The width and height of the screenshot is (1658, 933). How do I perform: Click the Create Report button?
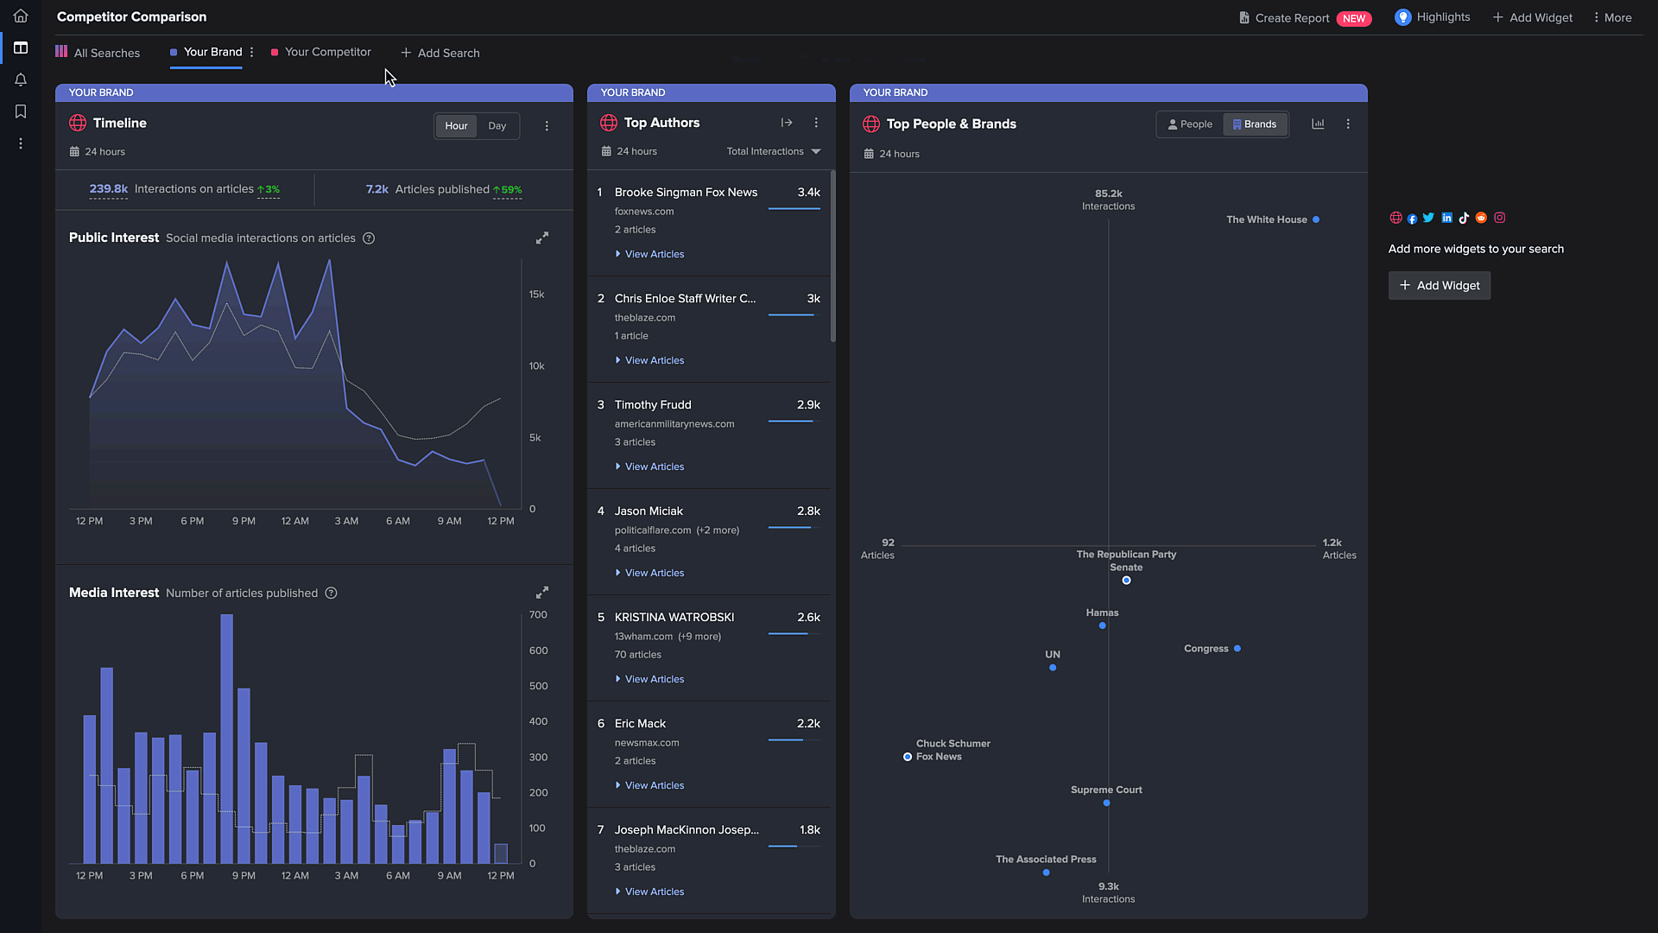tap(1291, 18)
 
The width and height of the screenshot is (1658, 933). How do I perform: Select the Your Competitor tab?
tap(327, 52)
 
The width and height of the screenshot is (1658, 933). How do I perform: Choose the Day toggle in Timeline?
tap(497, 126)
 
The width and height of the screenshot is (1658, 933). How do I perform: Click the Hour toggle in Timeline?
tap(456, 126)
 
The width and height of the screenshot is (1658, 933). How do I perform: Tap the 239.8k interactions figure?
tap(108, 188)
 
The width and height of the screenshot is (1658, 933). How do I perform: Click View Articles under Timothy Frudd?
tap(654, 466)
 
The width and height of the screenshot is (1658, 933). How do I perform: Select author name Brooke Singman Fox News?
tap(686, 192)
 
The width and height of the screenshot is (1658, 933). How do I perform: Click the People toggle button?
tap(1190, 124)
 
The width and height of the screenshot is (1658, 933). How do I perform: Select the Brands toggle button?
tap(1255, 124)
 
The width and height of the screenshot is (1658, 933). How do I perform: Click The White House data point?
tap(1316, 219)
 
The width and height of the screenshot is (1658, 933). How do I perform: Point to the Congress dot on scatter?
tap(1237, 649)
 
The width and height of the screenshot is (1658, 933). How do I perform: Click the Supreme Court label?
tap(1106, 790)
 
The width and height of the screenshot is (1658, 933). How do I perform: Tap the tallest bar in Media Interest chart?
tap(227, 739)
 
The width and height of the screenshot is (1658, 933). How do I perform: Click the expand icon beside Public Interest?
tap(542, 238)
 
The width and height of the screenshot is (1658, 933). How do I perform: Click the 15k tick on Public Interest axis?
tap(536, 295)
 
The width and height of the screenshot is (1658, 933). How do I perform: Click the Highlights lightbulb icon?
tap(1402, 17)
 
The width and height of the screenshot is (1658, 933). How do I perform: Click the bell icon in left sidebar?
tap(21, 79)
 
